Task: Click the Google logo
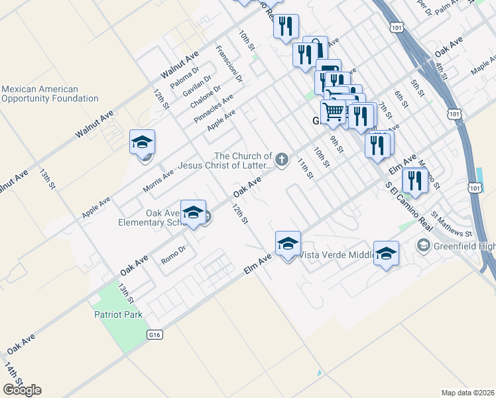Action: click(x=22, y=390)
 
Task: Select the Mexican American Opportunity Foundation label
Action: click(x=50, y=94)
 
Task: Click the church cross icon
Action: click(x=282, y=159)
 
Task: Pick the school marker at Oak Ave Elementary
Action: click(x=193, y=213)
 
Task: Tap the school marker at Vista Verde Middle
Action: click(x=288, y=244)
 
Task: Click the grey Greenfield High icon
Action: click(x=422, y=246)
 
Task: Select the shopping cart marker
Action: click(x=334, y=113)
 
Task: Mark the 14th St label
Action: click(x=13, y=377)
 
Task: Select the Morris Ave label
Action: click(x=158, y=181)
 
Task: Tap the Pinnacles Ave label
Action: click(x=214, y=108)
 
